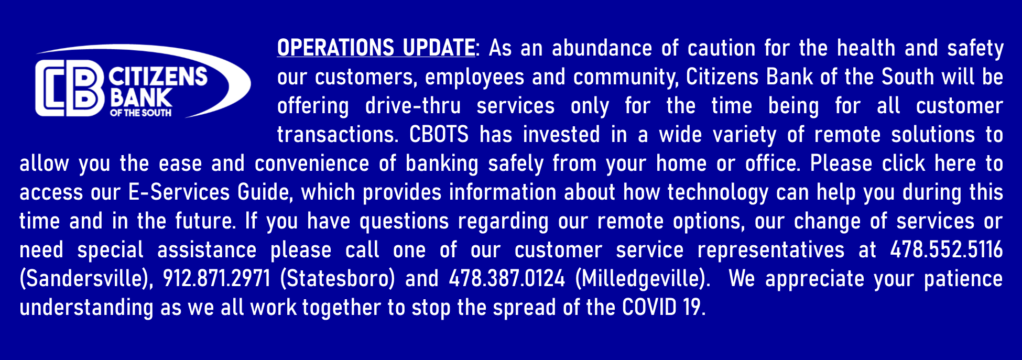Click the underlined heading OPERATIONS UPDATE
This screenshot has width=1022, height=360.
coord(376,48)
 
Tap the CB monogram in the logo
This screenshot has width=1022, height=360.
coord(69,88)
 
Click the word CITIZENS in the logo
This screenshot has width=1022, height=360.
coord(158,77)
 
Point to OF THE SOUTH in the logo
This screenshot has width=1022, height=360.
coord(141,112)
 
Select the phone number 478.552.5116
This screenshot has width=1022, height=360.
coord(947,249)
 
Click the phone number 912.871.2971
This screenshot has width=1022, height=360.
coord(216,278)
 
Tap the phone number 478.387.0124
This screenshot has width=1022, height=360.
coord(507,278)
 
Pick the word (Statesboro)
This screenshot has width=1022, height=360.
coord(338,278)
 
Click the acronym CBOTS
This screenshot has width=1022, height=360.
coord(439,135)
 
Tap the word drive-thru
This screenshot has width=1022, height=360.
coord(413,106)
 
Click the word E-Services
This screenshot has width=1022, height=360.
coord(179,192)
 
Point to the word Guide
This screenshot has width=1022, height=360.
coord(265,192)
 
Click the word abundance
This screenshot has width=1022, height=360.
coord(602,48)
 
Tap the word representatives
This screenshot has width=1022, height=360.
coord(771,250)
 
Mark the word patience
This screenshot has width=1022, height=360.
coord(963,279)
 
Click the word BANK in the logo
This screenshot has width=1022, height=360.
coord(140,97)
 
